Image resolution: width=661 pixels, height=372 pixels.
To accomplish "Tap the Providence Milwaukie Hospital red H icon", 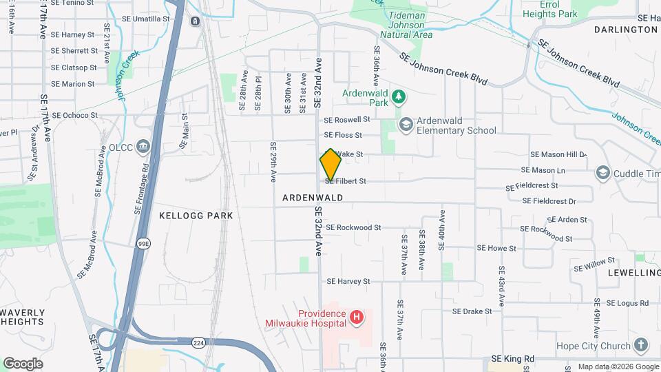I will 357,318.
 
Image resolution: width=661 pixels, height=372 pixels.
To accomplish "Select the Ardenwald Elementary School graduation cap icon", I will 406,124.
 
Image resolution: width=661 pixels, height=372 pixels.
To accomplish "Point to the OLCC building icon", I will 143,147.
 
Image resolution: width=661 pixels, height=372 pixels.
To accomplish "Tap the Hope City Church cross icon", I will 641,345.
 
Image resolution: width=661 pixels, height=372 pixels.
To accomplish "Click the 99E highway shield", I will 143,243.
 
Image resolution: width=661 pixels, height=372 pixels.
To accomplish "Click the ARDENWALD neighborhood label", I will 313,198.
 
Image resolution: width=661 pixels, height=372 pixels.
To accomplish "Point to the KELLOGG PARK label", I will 196,216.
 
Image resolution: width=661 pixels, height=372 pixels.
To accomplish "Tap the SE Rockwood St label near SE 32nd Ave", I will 353,227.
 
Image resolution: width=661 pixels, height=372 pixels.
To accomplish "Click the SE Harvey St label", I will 348,281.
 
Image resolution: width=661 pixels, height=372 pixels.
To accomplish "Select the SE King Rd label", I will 513,359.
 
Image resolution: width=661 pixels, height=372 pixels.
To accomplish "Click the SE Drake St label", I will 472,311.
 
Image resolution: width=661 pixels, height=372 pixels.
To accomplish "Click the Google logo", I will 23,364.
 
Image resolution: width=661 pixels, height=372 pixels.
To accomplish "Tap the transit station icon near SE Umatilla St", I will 195,21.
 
